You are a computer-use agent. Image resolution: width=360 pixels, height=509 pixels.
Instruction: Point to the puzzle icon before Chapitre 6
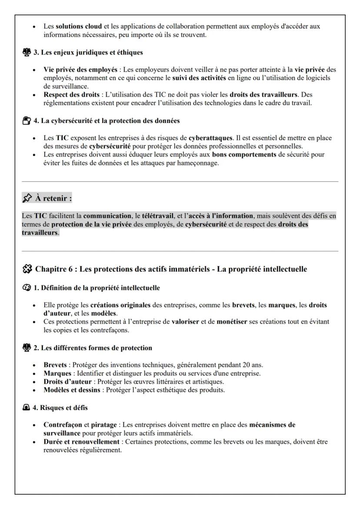[27, 269]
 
